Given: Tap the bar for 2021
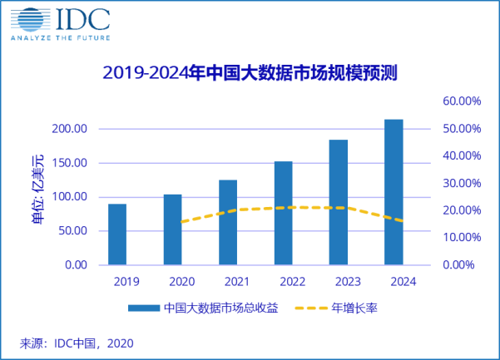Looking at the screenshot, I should [228, 222].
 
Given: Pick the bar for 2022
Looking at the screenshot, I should [283, 213].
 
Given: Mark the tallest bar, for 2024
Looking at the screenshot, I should [394, 192].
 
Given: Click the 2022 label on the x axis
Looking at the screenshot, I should [283, 281].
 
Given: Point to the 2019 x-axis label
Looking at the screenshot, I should [117, 281].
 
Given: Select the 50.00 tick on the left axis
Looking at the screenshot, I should [71, 231].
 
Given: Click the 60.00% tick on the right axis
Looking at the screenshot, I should [458, 101].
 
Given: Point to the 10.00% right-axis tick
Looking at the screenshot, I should [458, 237].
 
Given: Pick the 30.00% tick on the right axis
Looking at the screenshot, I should [458, 183].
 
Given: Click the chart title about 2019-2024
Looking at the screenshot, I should [250, 72].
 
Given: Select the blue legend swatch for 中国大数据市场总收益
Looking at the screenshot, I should [144, 308].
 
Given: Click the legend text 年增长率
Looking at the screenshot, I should [359, 308].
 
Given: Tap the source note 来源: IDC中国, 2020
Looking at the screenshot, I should [77, 342].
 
